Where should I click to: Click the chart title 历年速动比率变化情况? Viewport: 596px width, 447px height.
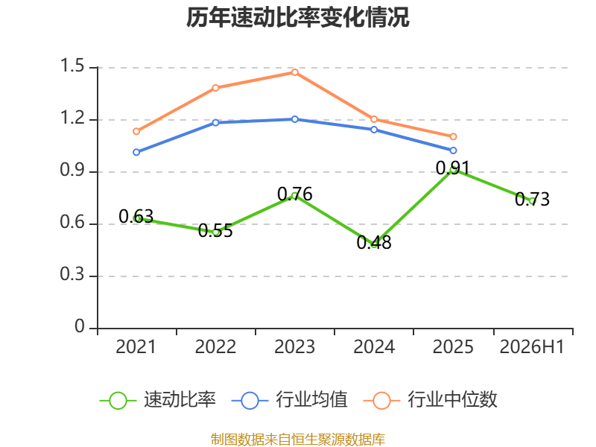pos(297,17)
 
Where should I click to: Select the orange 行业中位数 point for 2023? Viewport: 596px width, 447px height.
pos(295,72)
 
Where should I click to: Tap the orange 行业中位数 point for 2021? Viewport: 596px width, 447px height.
pos(136,132)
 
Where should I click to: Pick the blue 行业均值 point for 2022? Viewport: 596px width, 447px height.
pos(215,123)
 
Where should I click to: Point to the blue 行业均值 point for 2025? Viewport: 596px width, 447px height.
pos(453,150)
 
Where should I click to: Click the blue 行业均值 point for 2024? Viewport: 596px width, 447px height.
pos(374,130)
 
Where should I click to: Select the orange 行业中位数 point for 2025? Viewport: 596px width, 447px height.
pos(453,136)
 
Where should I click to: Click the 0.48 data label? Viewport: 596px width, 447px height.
pos(374,243)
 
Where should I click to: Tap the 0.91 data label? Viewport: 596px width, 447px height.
pos(453,168)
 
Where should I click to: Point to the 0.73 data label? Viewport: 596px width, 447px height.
pos(532,199)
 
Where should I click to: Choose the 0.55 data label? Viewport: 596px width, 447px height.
pos(215,230)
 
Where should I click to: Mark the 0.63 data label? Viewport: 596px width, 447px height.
pos(136,216)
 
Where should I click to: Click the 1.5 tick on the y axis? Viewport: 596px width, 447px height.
pos(72,66)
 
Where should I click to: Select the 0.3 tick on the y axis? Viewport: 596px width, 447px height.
pos(72,274)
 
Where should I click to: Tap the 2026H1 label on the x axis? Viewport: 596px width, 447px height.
pos(532,346)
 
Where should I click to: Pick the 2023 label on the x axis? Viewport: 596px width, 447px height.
pos(294,346)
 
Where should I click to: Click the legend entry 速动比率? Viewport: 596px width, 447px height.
pos(158,400)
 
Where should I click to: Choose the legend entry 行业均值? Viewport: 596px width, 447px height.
pos(289,400)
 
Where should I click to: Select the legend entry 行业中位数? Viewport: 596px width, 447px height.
pos(431,400)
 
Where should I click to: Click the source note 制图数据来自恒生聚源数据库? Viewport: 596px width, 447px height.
pos(298,440)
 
